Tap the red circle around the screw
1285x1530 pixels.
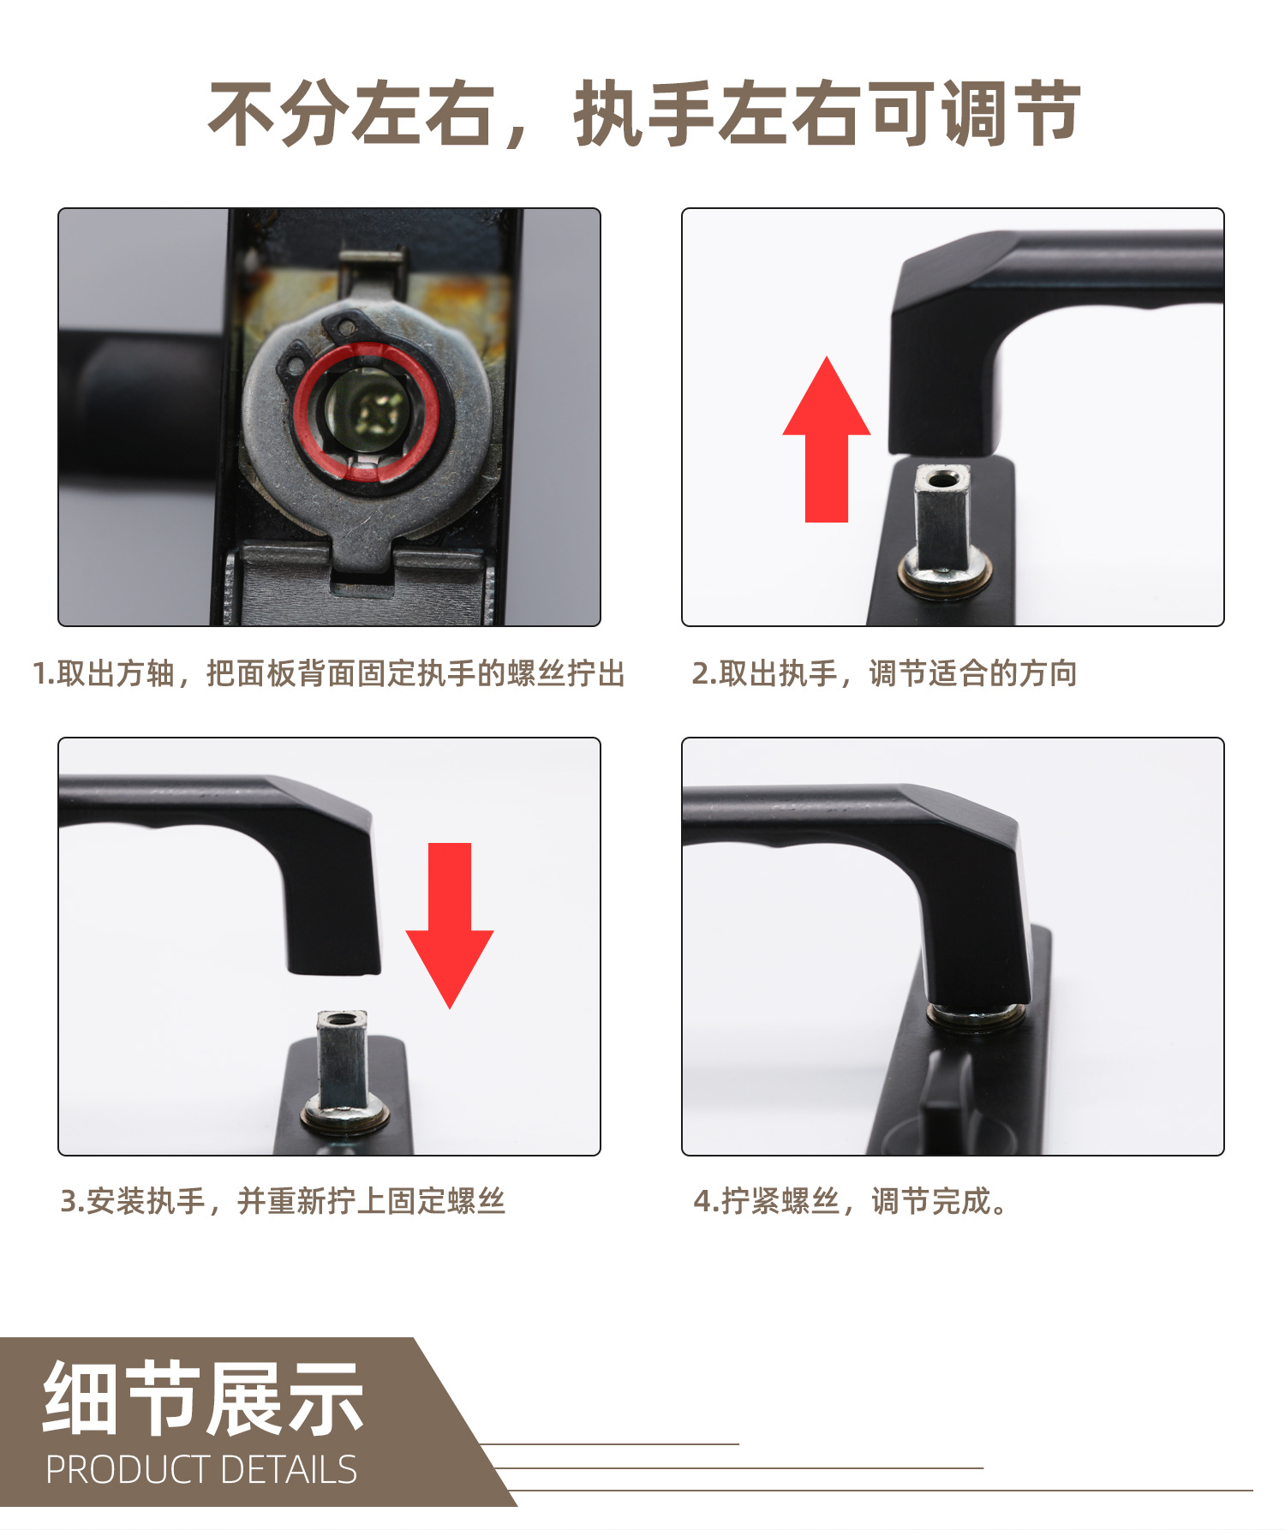[x=366, y=411]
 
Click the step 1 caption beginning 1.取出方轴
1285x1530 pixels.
[x=329, y=674]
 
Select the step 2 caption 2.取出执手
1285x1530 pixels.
[x=884, y=674]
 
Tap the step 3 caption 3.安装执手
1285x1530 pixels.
[x=283, y=1202]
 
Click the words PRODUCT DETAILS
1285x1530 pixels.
[x=201, y=1470]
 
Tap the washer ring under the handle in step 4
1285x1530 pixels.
[x=977, y=1017]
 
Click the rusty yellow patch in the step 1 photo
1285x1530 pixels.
[x=283, y=300]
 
